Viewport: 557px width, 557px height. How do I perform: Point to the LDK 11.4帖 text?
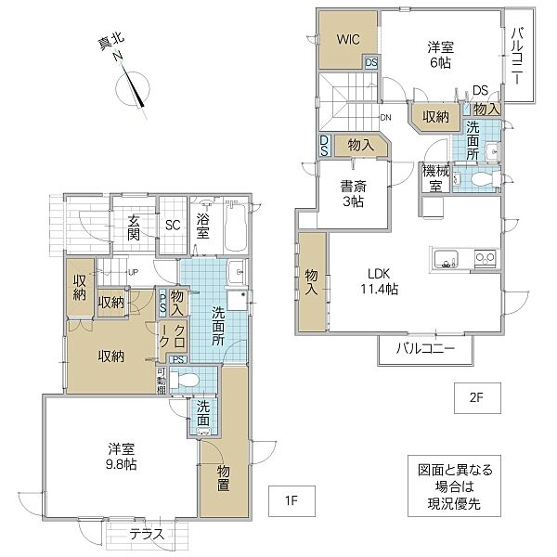(x=381, y=280)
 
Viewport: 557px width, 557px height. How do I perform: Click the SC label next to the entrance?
(x=172, y=225)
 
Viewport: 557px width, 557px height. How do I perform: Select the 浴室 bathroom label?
(x=205, y=224)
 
